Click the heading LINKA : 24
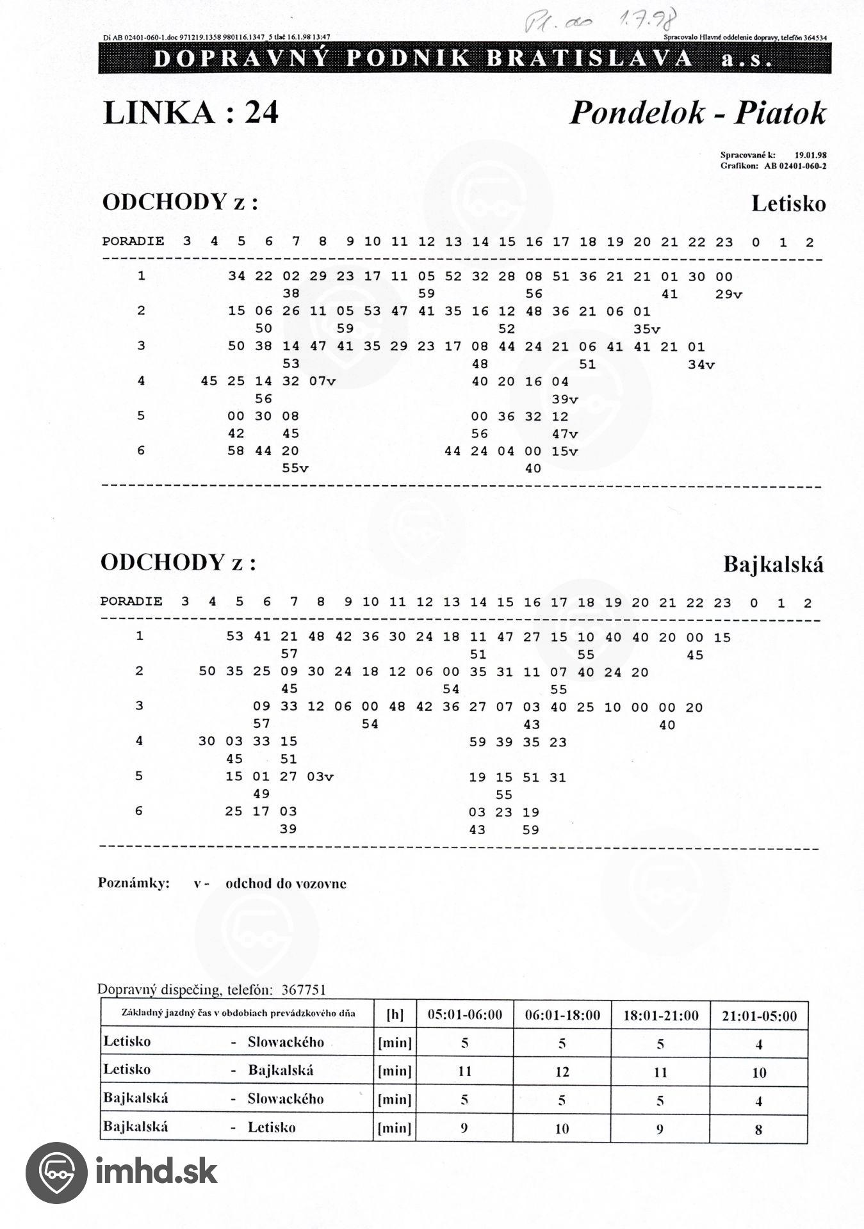[190, 113]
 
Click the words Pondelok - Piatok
[697, 113]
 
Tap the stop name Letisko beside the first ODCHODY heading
[788, 204]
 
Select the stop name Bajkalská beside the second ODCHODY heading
[773, 565]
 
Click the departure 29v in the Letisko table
[728, 294]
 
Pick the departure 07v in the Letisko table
[322, 382]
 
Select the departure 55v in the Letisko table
[295, 469]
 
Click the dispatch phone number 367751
[303, 990]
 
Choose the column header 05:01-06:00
[464, 1015]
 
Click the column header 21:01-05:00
[758, 1016]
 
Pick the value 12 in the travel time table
[562, 1072]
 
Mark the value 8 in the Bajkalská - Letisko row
[758, 1129]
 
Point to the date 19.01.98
[810, 155]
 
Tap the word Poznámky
[134, 883]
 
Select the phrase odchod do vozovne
[286, 883]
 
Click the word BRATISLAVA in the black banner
[589, 59]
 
